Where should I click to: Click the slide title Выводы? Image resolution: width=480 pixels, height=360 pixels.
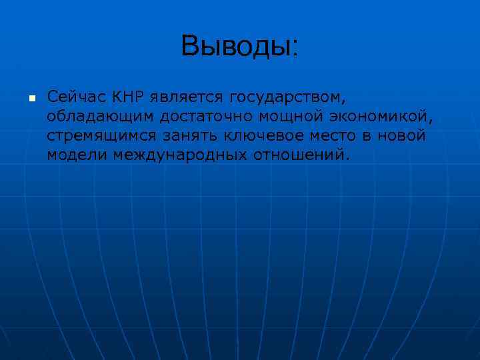[x=240, y=45]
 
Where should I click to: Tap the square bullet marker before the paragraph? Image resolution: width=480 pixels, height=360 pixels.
[x=31, y=99]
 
